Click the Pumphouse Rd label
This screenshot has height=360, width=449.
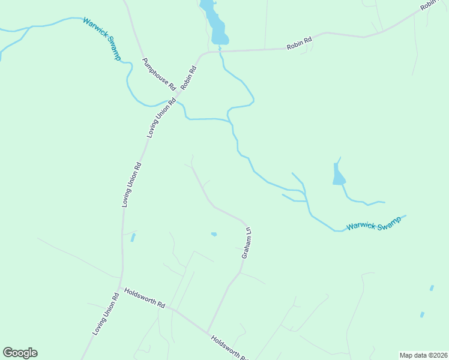[x=158, y=74]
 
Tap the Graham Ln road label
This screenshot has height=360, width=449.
[x=246, y=242]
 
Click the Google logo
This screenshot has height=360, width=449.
[x=20, y=353]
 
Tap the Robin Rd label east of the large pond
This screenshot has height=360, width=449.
[x=299, y=43]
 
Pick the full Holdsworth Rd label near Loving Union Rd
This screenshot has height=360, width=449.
[x=144, y=298]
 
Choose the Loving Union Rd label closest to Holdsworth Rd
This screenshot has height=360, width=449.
[x=106, y=314]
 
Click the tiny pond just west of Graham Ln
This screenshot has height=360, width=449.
[x=214, y=234]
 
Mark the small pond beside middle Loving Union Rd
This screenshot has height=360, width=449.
[x=133, y=238]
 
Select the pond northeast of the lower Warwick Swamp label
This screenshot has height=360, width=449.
[x=339, y=176]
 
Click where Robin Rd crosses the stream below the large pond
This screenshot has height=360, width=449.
[x=220, y=52]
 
